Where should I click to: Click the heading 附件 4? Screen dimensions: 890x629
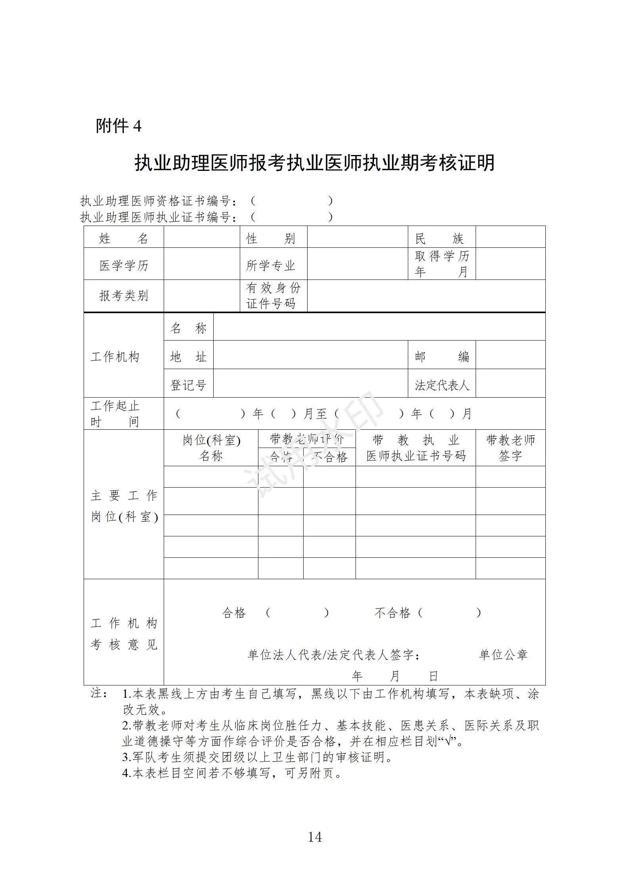(119, 126)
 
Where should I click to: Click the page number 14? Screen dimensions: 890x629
(315, 837)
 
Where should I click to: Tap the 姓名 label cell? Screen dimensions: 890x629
(124, 238)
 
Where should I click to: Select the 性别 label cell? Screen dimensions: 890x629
(273, 238)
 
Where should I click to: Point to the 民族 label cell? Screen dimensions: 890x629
(442, 238)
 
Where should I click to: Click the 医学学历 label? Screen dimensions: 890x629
(124, 265)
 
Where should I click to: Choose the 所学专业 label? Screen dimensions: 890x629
(271, 265)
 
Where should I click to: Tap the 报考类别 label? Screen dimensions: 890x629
(124, 296)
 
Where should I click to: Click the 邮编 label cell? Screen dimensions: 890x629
(442, 356)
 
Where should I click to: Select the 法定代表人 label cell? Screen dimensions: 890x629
(442, 385)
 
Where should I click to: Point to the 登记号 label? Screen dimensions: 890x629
(188, 385)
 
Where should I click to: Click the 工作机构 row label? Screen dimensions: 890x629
(115, 356)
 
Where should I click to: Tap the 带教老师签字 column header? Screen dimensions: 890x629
(510, 448)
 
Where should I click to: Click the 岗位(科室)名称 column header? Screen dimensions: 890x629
(211, 448)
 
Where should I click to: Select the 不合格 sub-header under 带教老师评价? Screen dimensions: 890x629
(329, 457)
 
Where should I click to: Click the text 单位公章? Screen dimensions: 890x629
(503, 655)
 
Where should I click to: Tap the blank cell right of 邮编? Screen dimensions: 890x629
(510, 355)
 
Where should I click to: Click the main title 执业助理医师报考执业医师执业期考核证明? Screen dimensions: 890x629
(315, 163)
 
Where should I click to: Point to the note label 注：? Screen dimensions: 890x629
(99, 693)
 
